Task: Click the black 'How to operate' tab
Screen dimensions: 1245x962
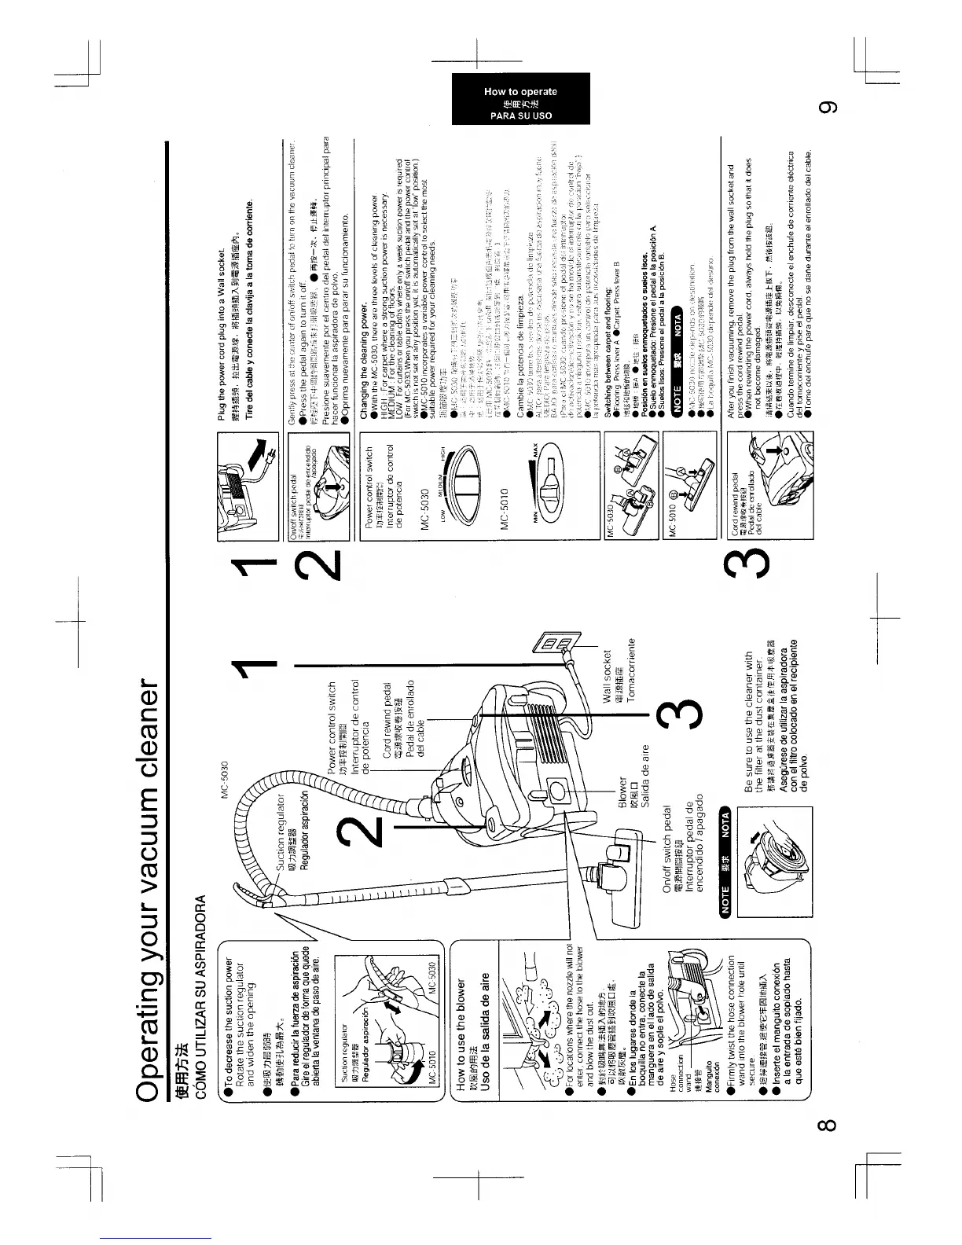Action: point(520,101)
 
